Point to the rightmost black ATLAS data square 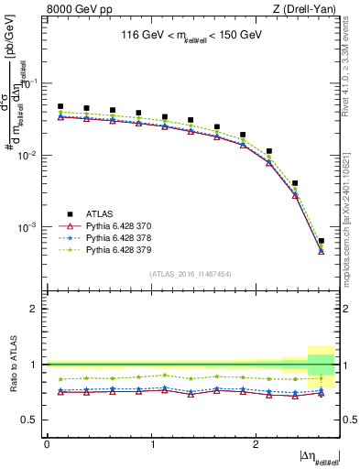coord(321,241)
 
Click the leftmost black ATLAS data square coord(60,106)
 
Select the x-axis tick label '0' coord(47,443)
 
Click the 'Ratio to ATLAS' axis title coord(12,365)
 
